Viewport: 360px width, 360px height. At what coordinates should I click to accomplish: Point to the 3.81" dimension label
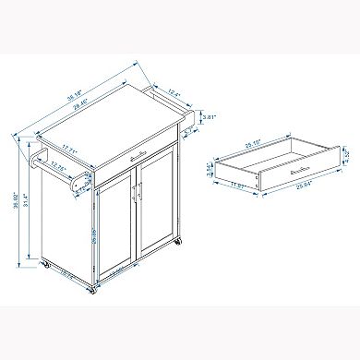210,117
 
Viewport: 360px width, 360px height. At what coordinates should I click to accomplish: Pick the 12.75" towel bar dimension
62,167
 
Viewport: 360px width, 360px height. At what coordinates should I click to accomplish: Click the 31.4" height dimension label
30,198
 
